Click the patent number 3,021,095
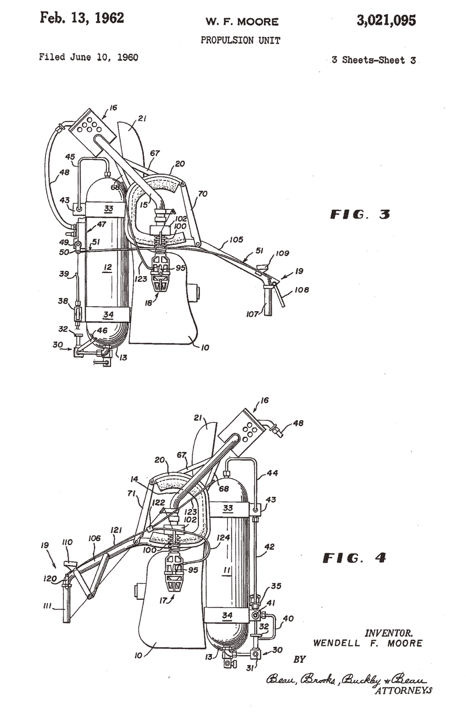386,21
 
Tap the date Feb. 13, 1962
82,18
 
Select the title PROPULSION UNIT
240,40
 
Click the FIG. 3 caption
360,215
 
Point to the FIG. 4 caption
354,558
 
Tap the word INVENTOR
389,633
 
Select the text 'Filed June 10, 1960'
89,57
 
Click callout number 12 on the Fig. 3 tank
107,267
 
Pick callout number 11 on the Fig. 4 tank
226,570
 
